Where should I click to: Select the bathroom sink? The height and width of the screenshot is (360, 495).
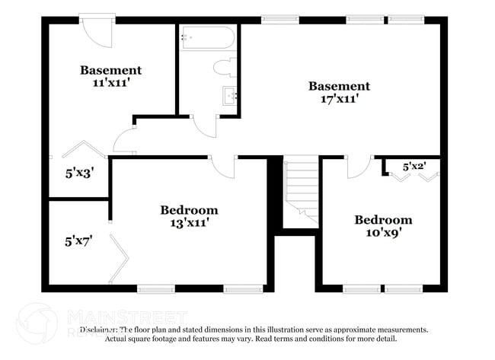click(229, 96)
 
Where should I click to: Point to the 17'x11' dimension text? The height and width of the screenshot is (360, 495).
click(339, 98)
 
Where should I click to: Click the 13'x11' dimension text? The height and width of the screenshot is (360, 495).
click(188, 222)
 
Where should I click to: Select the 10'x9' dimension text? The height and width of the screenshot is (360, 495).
click(383, 232)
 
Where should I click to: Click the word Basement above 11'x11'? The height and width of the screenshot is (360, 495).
click(110, 70)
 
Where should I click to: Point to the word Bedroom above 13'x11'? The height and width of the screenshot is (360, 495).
click(188, 210)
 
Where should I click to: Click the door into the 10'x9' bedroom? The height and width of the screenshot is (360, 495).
click(358, 167)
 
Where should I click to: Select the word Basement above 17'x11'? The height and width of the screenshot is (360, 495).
click(339, 86)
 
